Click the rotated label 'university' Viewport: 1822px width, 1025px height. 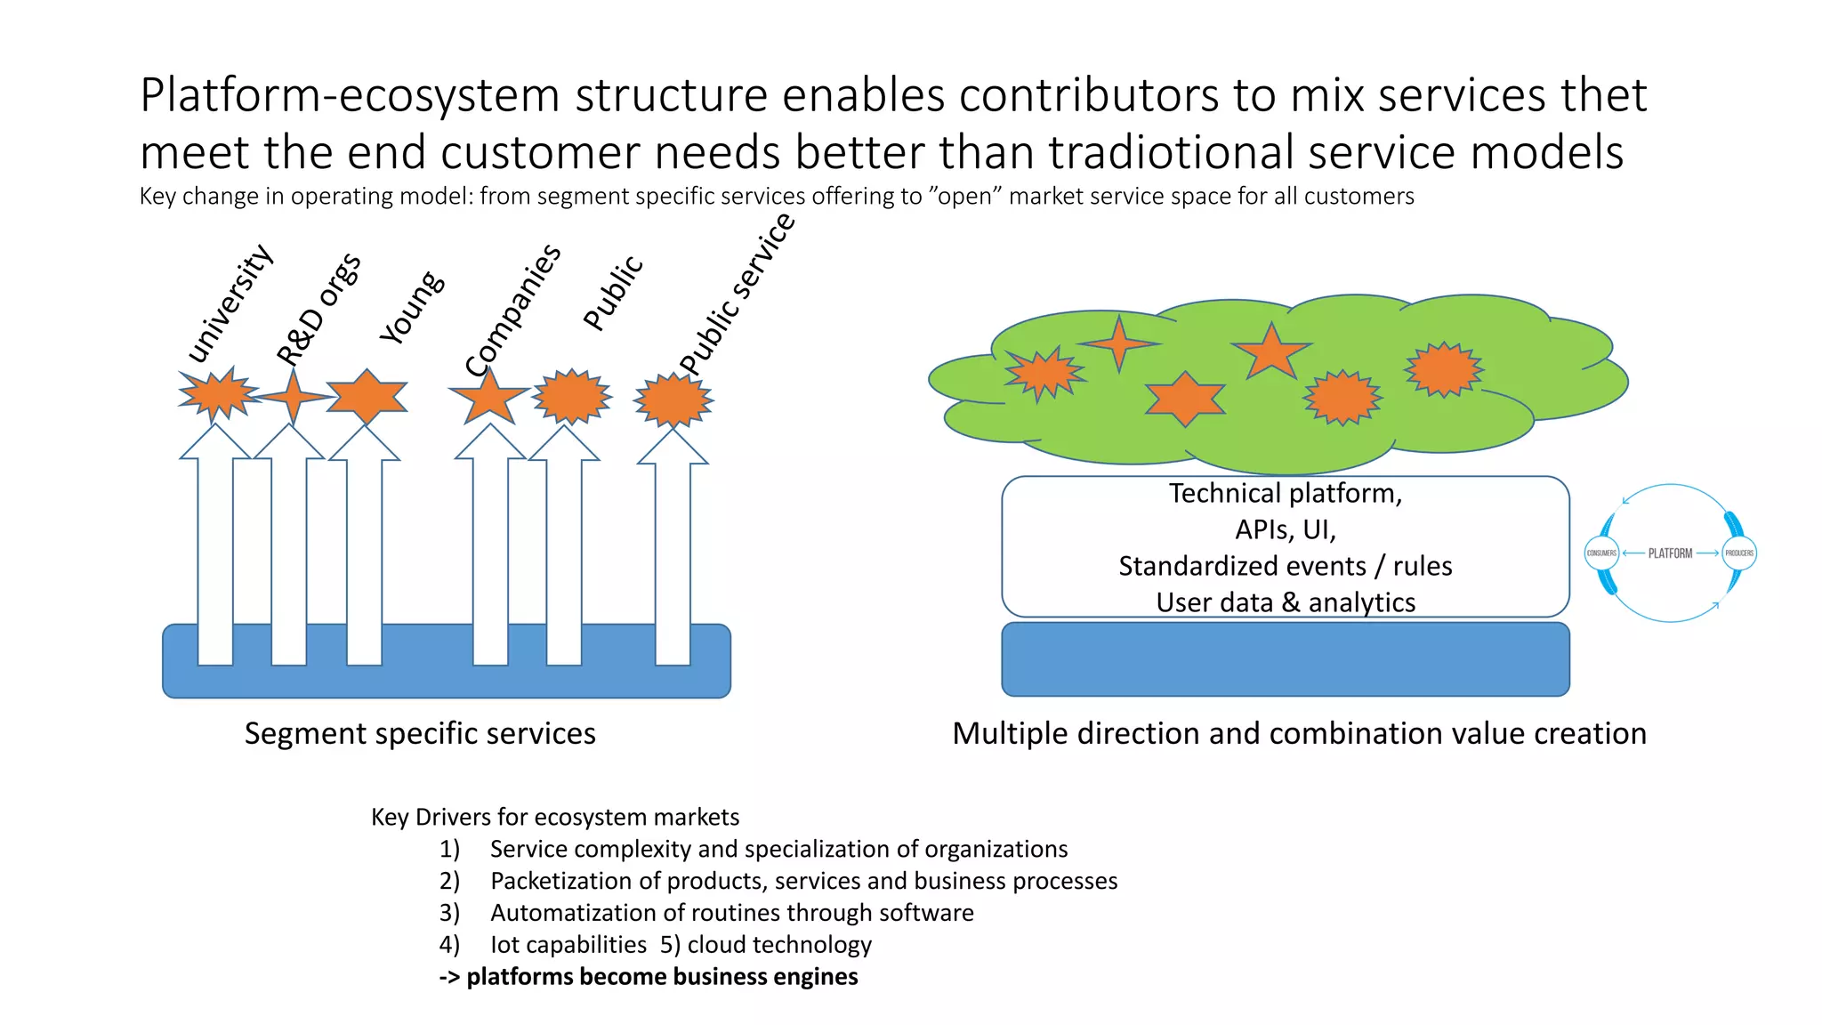(x=230, y=303)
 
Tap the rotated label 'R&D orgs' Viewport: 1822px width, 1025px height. (x=318, y=309)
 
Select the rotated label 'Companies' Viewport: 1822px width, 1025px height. (x=513, y=310)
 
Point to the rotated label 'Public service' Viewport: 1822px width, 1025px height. (x=737, y=295)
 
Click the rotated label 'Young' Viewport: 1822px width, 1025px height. (x=411, y=307)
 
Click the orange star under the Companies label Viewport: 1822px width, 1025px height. (x=488, y=396)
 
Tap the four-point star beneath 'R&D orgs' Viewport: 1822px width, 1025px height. (x=293, y=396)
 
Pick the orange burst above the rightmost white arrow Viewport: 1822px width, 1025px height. (x=673, y=400)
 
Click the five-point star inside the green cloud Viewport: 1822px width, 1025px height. (x=1270, y=352)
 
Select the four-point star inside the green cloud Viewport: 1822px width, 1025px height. (x=1119, y=343)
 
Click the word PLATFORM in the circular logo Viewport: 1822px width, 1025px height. (x=1670, y=553)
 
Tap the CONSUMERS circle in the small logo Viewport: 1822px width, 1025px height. (x=1601, y=553)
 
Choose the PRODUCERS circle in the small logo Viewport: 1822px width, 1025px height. (x=1739, y=553)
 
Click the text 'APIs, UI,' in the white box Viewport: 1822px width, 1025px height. (x=1285, y=530)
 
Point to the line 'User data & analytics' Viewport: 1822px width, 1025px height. (x=1285, y=602)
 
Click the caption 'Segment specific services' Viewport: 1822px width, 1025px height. (x=420, y=734)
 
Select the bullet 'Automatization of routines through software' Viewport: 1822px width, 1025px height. (x=731, y=913)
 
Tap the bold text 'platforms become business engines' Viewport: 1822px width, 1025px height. (x=662, y=977)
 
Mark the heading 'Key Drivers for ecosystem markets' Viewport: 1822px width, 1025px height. (x=555, y=817)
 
